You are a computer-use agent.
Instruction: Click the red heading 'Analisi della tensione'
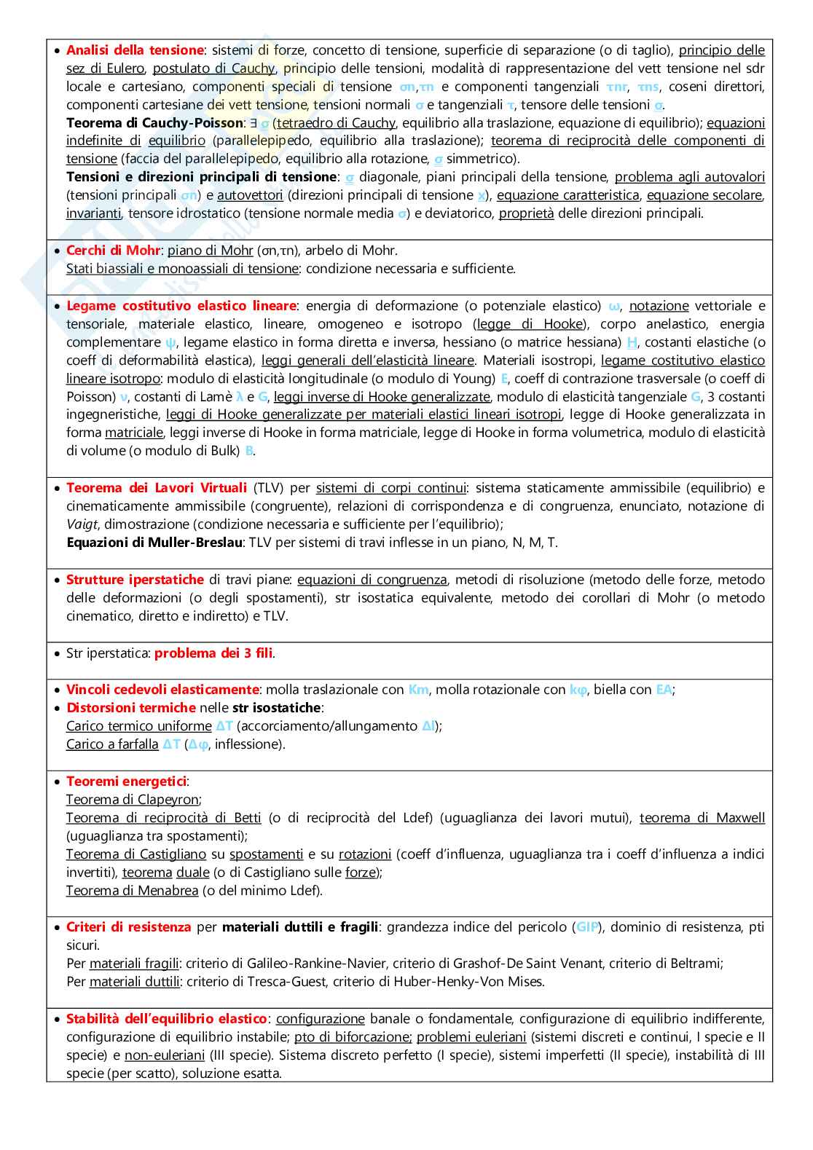[135, 50]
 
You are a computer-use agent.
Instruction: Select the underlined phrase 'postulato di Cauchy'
[213, 68]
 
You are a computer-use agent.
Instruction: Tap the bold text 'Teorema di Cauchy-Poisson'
[154, 123]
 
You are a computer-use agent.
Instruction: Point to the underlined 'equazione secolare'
[704, 195]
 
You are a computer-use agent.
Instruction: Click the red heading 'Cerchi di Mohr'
[113, 251]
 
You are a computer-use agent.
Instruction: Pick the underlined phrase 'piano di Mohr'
[210, 251]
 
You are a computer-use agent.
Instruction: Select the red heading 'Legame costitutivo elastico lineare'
[181, 306]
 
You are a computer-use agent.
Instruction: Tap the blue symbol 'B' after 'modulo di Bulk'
[249, 451]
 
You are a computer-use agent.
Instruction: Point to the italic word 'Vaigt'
[82, 524]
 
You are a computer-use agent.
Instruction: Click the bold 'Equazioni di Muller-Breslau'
[154, 543]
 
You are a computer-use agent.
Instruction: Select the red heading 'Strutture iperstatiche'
[135, 580]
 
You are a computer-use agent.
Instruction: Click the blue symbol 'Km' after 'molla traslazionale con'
[418, 690]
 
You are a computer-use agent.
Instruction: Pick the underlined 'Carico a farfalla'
[112, 744]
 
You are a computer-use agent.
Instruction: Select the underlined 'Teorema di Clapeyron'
[133, 800]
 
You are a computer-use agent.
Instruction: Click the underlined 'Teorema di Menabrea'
[132, 891]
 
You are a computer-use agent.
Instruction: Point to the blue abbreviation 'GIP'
[587, 927]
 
